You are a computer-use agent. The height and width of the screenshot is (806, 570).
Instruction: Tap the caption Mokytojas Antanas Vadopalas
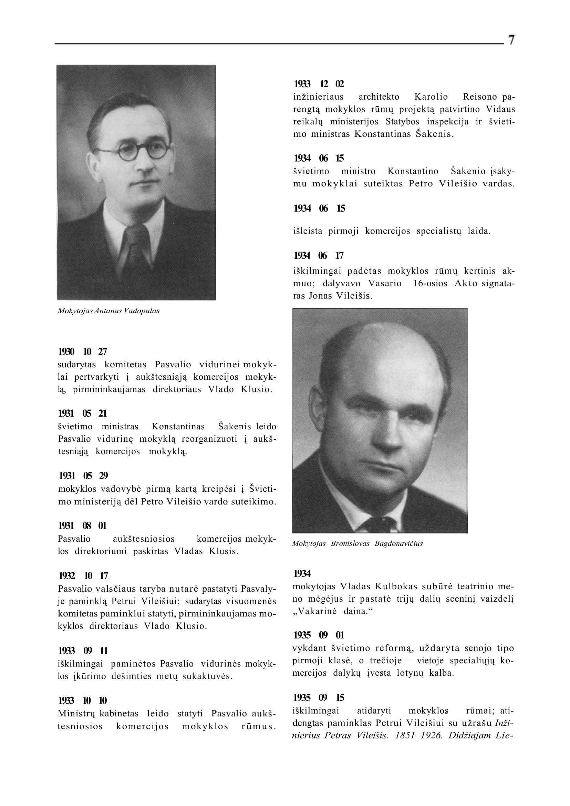[108, 311]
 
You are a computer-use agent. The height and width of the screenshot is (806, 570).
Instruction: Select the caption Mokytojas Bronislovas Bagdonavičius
[357, 543]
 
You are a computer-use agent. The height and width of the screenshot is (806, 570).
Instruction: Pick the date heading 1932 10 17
[83, 576]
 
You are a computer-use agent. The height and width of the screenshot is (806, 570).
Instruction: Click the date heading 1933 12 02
[319, 84]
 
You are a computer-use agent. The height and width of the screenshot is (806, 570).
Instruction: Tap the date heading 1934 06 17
[318, 255]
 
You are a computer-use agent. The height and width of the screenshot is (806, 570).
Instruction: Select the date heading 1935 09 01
[318, 635]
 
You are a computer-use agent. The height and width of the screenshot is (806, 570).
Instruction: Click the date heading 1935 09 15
[318, 697]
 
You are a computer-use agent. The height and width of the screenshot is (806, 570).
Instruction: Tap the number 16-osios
[430, 283]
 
